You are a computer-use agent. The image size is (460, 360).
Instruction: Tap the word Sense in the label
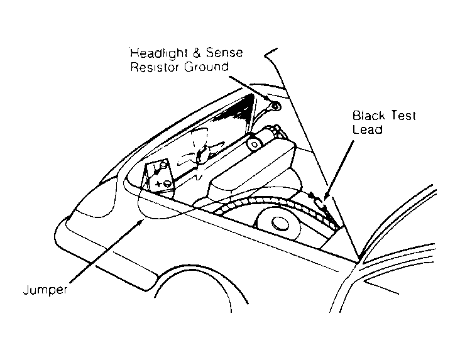pyautogui.click(x=224, y=53)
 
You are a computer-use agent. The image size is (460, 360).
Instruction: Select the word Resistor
pyautogui.click(x=155, y=67)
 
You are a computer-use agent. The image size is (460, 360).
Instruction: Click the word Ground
pyautogui.click(x=206, y=67)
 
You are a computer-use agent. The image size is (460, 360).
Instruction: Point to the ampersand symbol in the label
pyautogui.click(x=197, y=53)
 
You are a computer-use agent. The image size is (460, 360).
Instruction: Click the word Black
pyautogui.click(x=368, y=116)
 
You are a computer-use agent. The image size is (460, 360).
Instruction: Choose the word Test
pyautogui.click(x=403, y=116)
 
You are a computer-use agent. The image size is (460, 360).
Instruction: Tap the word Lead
pyautogui.click(x=367, y=129)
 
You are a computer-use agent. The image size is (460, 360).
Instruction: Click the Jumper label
pyautogui.click(x=45, y=290)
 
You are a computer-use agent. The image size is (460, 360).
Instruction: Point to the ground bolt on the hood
pyautogui.click(x=275, y=106)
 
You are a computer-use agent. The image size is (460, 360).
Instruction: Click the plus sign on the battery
pyautogui.click(x=158, y=184)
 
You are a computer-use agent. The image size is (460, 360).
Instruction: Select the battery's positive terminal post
pyautogui.click(x=167, y=183)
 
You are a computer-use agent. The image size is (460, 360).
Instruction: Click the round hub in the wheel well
pyautogui.click(x=280, y=224)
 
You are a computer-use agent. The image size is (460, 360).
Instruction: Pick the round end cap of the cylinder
pyautogui.click(x=254, y=144)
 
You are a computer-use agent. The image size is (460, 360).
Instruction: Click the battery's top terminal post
pyautogui.click(x=163, y=164)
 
